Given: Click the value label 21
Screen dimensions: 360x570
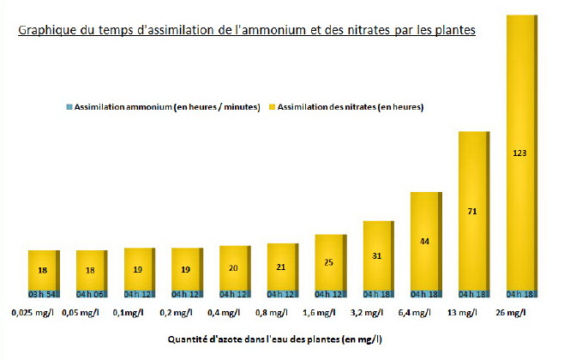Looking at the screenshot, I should tap(281, 267).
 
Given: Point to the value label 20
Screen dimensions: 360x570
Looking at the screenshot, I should tap(233, 267).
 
